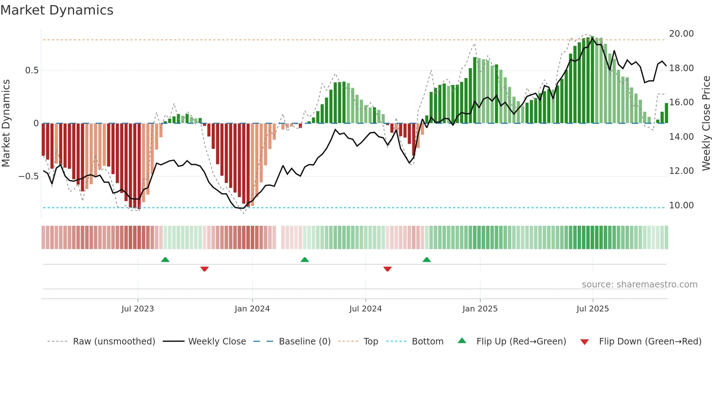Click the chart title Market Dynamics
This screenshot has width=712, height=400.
(x=57, y=10)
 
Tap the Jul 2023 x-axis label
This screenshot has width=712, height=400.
(x=138, y=309)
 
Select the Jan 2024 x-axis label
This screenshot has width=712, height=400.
(x=252, y=309)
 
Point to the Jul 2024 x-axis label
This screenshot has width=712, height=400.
(x=365, y=309)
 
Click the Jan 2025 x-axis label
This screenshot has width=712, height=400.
(x=480, y=309)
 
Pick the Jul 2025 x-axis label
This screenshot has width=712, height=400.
(x=592, y=309)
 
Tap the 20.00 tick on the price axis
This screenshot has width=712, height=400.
(x=681, y=34)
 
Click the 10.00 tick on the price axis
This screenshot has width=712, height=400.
(x=681, y=205)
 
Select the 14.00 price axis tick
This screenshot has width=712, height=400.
(x=681, y=137)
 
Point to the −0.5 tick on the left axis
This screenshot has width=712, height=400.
(x=28, y=176)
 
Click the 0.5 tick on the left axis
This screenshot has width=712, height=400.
(x=32, y=70)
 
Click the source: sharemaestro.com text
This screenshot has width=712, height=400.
(x=639, y=285)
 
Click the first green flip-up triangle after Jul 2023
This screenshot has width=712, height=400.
(x=165, y=260)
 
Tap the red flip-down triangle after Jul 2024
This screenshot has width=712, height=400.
(x=387, y=269)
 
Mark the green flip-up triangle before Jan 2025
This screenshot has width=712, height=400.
(x=427, y=260)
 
